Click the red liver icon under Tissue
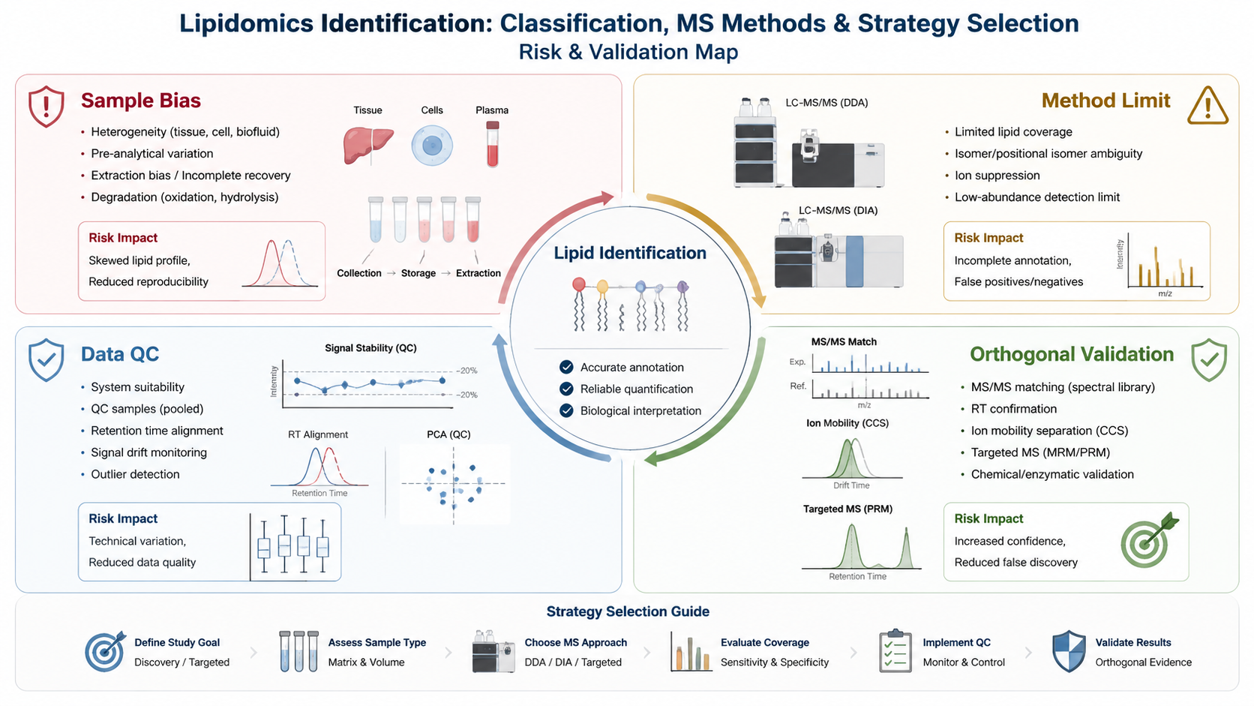367,146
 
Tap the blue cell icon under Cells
431,146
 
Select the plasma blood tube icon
492,145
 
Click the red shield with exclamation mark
46,107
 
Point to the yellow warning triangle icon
1207,105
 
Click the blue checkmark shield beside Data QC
46,360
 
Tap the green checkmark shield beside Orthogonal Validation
1209,360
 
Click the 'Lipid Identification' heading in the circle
630,253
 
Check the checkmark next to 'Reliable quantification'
566,389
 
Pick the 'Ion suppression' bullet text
997,176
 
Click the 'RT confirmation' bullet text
1014,409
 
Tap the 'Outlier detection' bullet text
136,474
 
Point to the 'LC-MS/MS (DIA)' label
838,211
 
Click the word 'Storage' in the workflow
418,273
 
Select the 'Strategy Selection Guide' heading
628,611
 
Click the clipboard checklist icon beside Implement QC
895,651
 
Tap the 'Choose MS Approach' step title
575,643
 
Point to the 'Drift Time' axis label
851,485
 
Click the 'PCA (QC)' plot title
448,434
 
